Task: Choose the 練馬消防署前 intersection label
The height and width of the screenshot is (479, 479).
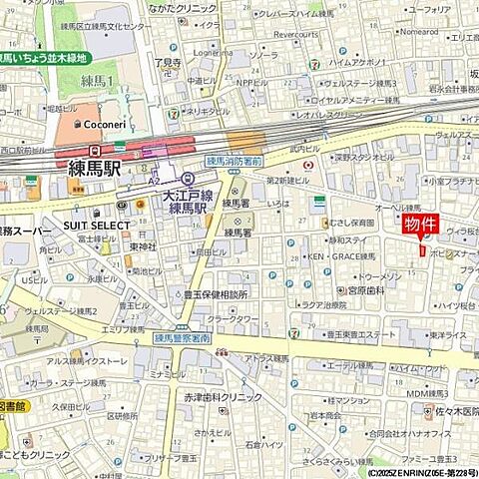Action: (x=235, y=160)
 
